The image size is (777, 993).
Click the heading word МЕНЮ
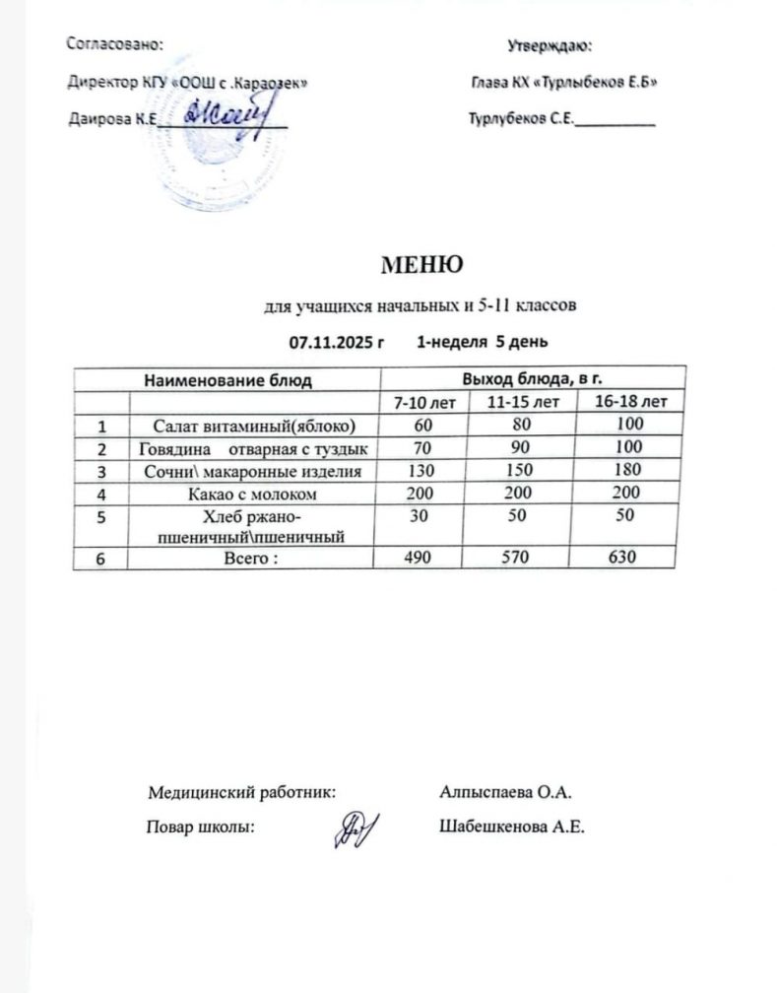[421, 264]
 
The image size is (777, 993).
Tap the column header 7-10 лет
[424, 402]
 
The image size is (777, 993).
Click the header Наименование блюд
[228, 379]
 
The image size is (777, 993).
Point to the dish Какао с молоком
[251, 493]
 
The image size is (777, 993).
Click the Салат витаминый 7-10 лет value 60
[423, 425]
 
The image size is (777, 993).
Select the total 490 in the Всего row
[423, 558]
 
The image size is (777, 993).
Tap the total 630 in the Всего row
[622, 558]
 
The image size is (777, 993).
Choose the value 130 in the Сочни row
[423, 470]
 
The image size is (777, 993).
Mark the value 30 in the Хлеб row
[423, 515]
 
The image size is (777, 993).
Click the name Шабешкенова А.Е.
[512, 827]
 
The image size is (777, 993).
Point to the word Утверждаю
[549, 45]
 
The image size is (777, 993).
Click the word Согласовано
[114, 43]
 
